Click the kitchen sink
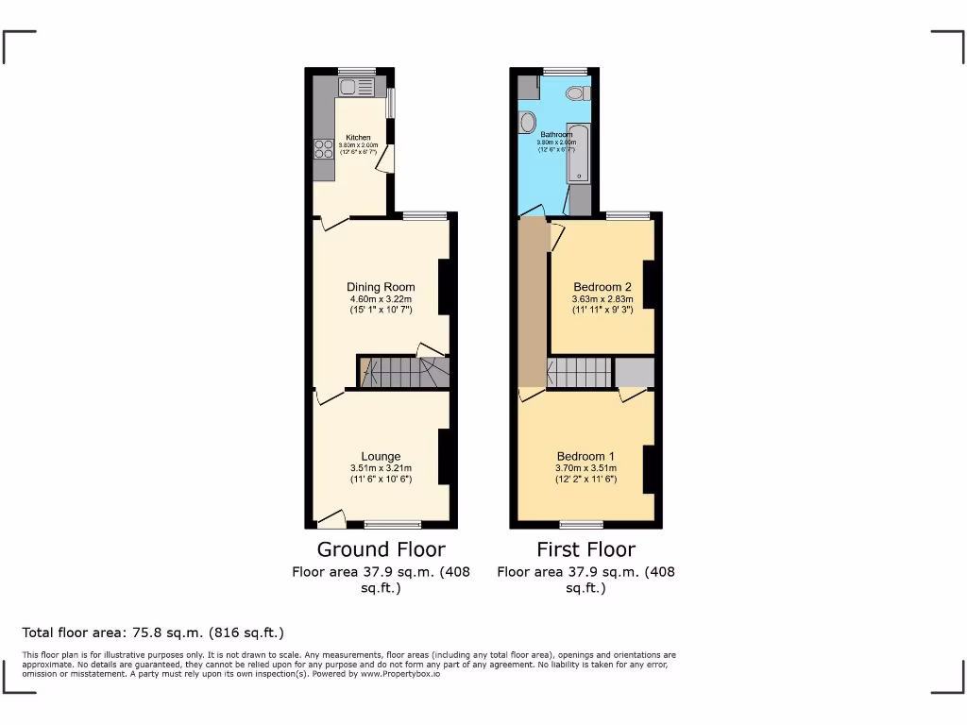tap(357, 87)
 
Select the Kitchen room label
tap(358, 138)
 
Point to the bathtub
tap(577, 153)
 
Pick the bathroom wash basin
tap(527, 122)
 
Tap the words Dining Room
tap(381, 287)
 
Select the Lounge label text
tap(381, 457)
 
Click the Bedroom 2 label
tap(602, 287)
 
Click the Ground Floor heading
tap(381, 549)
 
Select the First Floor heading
tap(585, 549)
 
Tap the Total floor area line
tap(153, 632)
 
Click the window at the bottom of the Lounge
tap(392, 524)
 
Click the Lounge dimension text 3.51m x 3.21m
tap(381, 468)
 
